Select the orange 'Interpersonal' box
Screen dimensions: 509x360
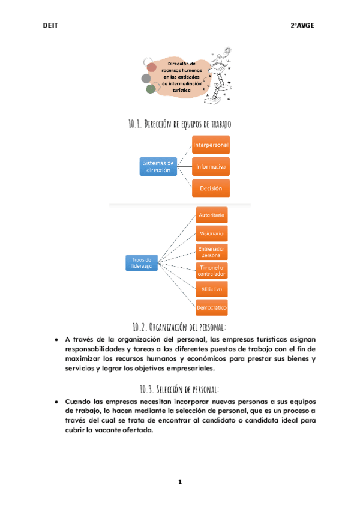pos(211,145)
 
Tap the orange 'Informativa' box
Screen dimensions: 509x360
pos(211,166)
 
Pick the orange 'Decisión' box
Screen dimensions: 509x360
pos(211,188)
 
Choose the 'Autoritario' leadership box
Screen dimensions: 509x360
pos(212,215)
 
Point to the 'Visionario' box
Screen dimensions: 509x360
pos(212,233)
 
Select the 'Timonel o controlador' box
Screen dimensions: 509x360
pos(212,270)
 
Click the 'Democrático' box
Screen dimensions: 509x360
pos(212,307)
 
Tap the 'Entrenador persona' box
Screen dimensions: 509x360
pos(212,251)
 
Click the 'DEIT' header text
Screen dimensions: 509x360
pos(50,25)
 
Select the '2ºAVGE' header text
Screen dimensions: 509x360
pos(302,25)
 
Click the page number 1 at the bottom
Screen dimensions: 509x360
pos(179,482)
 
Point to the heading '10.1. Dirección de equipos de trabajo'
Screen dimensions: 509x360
pos(179,124)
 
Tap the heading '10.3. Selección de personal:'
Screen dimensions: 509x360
pos(179,388)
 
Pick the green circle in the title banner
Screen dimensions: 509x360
pos(151,89)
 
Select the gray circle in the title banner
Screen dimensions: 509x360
pos(146,78)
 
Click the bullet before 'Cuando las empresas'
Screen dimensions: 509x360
pos(56,400)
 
